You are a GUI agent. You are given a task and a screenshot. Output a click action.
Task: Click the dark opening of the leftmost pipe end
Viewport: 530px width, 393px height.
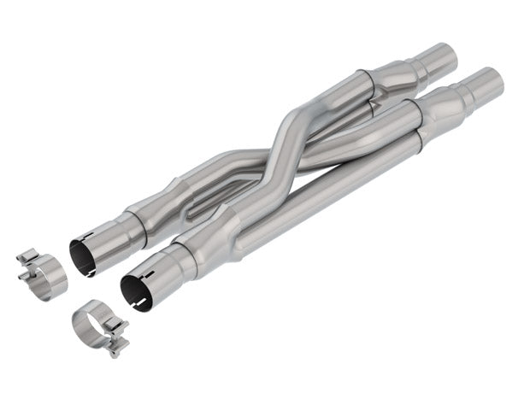click(83, 257)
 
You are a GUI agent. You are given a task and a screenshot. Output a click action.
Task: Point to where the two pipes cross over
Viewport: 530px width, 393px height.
click(283, 145)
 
